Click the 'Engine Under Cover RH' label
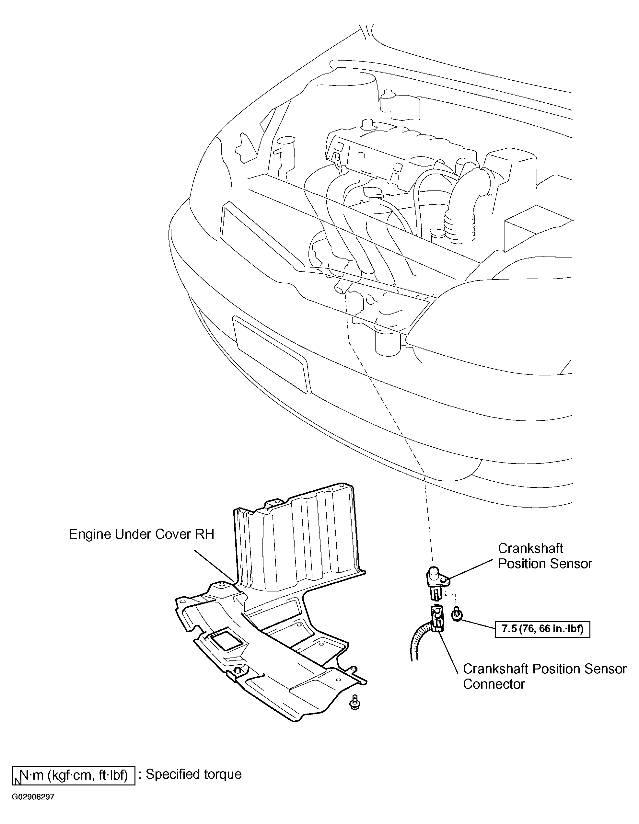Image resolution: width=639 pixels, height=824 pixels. tap(142, 534)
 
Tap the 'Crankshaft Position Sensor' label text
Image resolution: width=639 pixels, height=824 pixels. tap(545, 556)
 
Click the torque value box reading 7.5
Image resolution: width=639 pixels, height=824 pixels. tap(542, 629)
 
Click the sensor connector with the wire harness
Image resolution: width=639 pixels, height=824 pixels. tap(437, 618)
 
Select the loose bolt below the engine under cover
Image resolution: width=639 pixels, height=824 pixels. tap(355, 702)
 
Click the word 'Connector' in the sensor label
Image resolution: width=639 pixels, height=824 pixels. tap(494, 684)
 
